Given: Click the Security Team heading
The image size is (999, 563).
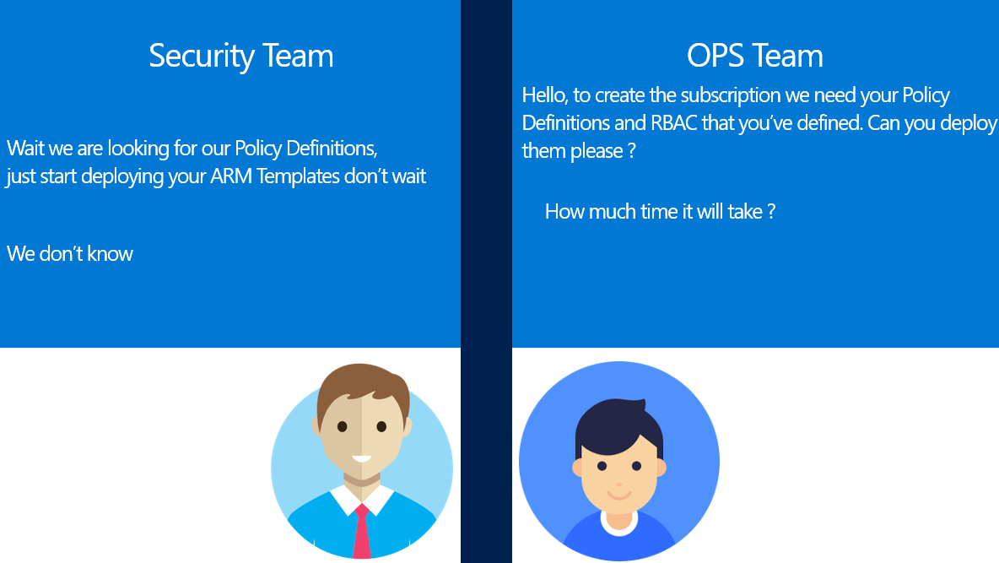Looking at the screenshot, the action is pyautogui.click(x=240, y=56).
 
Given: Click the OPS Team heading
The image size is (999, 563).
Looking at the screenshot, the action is pyautogui.click(x=754, y=56).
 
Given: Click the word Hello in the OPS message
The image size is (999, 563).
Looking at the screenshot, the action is pyautogui.click(x=544, y=95).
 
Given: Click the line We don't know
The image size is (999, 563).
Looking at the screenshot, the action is pyautogui.click(x=69, y=254).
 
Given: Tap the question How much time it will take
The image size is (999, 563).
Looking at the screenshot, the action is pyautogui.click(x=660, y=211).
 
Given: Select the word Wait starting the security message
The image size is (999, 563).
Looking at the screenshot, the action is pyautogui.click(x=25, y=148).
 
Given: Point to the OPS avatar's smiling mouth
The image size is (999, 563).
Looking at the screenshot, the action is pyautogui.click(x=619, y=495).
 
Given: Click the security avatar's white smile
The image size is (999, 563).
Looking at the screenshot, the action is pyautogui.click(x=362, y=459).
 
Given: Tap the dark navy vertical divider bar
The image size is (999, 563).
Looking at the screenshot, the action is pyautogui.click(x=486, y=281).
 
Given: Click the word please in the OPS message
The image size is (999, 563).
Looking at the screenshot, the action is pyautogui.click(x=597, y=151).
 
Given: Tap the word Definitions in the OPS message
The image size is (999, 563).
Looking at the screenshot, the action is pyautogui.click(x=566, y=122).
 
